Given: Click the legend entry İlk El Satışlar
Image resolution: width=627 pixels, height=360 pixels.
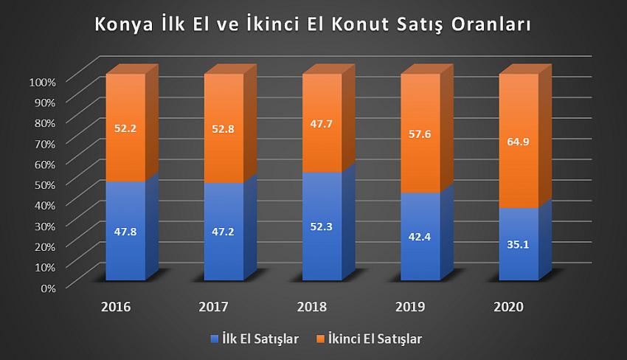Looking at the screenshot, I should [x=259, y=339].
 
